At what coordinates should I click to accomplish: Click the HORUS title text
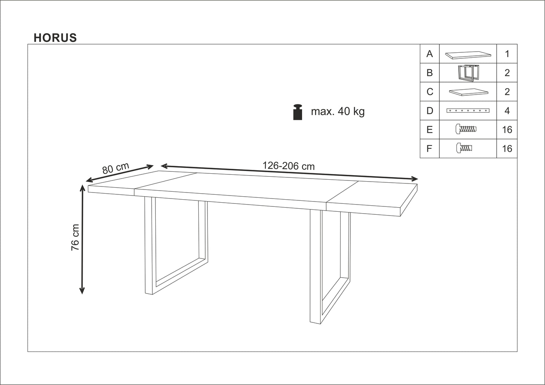coord(55,38)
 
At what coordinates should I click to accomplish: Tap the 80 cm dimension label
coord(115,168)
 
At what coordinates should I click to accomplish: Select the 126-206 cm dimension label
coord(289,166)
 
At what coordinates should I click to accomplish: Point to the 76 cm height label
coord(75,237)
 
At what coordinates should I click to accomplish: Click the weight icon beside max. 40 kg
coord(298,112)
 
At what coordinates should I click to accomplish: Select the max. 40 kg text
coord(338,112)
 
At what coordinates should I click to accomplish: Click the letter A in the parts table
coord(430,54)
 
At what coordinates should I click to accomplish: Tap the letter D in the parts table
coord(430,111)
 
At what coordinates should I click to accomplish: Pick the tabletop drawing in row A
coord(468,55)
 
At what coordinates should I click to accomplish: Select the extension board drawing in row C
coord(468,92)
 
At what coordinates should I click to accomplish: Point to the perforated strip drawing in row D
coord(468,111)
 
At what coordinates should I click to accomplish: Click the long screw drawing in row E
coord(466,130)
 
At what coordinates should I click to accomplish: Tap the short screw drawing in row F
coord(464,148)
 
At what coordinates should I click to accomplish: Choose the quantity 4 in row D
coord(507,111)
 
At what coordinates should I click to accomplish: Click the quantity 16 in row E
coord(507,130)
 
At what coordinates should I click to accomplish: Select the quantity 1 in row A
coord(507,54)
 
